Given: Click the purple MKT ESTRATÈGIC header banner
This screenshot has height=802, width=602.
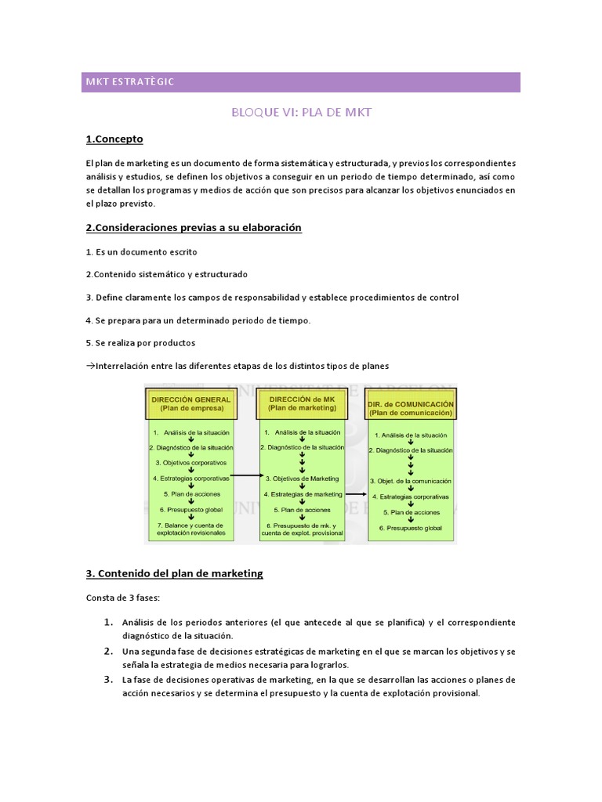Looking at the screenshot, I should pos(300,81).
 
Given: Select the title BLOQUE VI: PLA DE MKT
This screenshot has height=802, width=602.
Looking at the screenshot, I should pos(301,112).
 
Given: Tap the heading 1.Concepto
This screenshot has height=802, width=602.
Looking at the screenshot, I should pos(114,139).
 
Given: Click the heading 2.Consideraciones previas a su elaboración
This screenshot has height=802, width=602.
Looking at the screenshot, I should pos(194,228).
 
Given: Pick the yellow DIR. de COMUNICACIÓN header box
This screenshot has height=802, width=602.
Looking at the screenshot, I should pos(410,408).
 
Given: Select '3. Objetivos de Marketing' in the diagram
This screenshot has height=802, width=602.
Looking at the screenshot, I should pos(302,478).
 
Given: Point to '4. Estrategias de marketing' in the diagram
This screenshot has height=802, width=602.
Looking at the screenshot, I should pos(303,494).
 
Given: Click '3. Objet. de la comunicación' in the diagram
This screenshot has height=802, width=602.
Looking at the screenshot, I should pos(411,480).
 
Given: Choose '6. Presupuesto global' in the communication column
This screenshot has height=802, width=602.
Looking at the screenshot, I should pos(412,528).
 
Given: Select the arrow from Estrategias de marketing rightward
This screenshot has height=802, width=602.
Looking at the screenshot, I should pos(355,494).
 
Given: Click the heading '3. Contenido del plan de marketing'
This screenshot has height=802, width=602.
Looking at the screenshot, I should pos(174,573).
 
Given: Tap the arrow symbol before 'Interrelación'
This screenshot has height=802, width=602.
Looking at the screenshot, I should pos(90,366).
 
